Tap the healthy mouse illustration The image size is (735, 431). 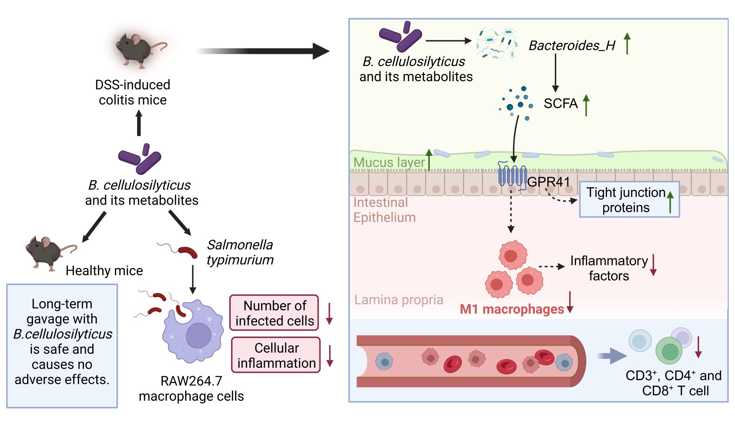click(x=47, y=251)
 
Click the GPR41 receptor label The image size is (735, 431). click(x=548, y=182)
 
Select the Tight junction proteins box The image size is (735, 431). click(x=629, y=200)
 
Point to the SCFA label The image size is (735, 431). click(x=561, y=103)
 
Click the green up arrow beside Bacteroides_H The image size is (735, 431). click(x=627, y=43)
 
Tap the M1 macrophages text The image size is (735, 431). click(x=512, y=309)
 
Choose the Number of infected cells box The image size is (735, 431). click(x=274, y=313)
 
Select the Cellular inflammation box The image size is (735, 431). click(x=276, y=355)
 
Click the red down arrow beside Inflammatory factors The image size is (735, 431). click(x=654, y=265)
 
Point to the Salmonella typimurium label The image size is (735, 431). click(x=240, y=252)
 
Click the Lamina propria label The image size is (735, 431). click(x=399, y=300)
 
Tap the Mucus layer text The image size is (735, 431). click(x=389, y=162)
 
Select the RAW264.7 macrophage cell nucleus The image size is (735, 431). click(x=198, y=335)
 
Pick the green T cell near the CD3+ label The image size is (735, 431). click(x=669, y=351)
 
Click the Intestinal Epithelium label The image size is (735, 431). click(x=384, y=210)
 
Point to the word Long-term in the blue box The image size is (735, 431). click(x=62, y=304)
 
